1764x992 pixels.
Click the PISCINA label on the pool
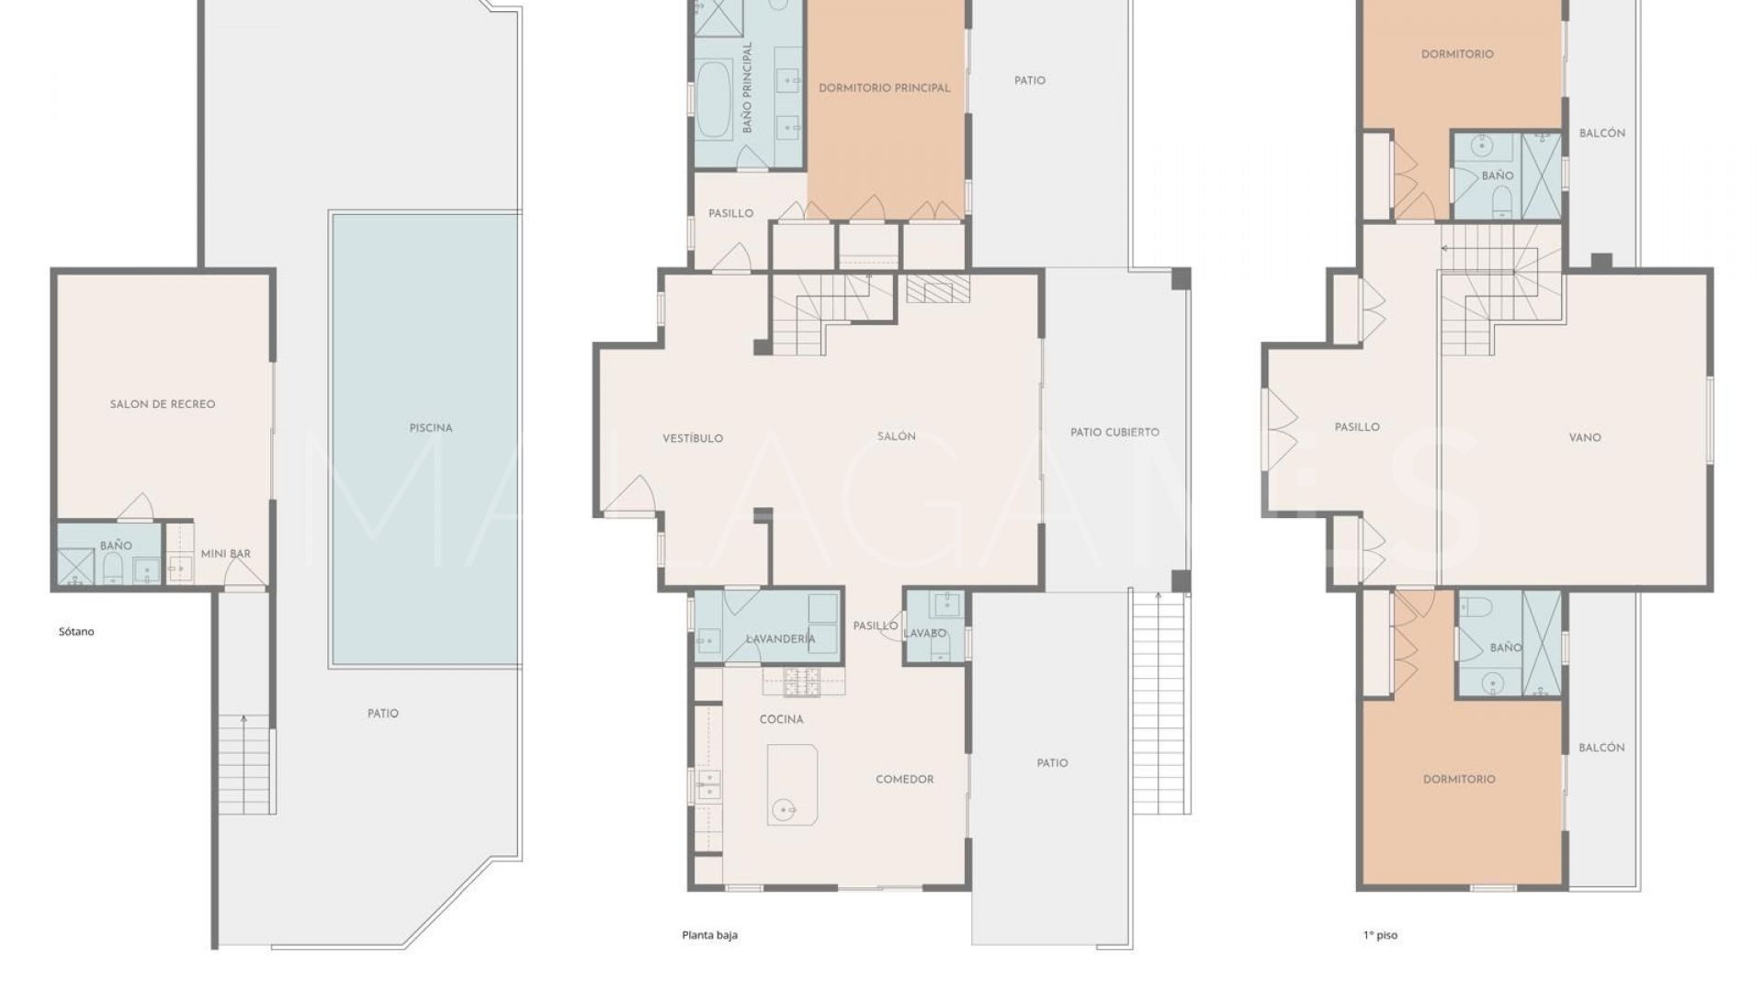[431, 428]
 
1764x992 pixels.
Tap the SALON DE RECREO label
[163, 404]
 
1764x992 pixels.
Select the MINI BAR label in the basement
[226, 554]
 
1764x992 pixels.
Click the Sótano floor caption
[76, 632]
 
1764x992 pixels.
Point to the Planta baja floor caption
[709, 936]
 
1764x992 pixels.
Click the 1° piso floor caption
[1380, 936]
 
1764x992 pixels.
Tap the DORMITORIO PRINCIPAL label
[884, 88]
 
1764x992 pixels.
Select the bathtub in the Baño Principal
[713, 98]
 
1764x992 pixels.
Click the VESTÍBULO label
[693, 439]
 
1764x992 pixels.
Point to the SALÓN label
[896, 437]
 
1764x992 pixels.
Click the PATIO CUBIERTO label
[1114, 433]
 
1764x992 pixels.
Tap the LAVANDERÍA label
[780, 639]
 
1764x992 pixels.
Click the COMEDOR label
[904, 780]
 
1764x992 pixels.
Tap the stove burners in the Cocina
[802, 682]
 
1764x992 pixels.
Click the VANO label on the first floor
[1585, 438]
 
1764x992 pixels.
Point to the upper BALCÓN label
[1601, 133]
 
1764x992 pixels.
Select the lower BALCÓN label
[1601, 749]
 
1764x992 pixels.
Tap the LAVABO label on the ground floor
[924, 634]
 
